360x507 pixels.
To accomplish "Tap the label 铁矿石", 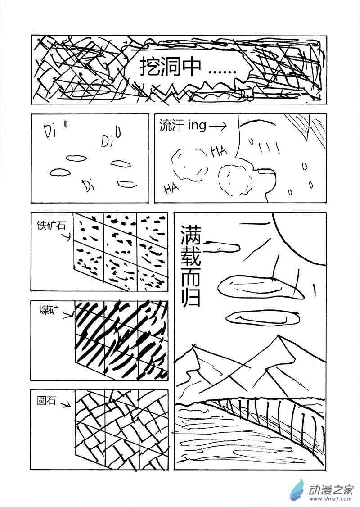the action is [51, 226].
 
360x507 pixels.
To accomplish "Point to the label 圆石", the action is [46, 401].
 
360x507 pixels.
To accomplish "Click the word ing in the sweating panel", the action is [197, 125].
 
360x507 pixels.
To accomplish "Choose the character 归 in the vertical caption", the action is [191, 296].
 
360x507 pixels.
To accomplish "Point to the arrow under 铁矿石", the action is [65, 237].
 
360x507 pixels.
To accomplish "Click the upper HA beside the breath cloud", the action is [219, 151].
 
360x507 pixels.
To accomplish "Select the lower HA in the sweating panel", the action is [171, 188].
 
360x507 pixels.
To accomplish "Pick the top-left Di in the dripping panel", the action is [50, 131].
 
